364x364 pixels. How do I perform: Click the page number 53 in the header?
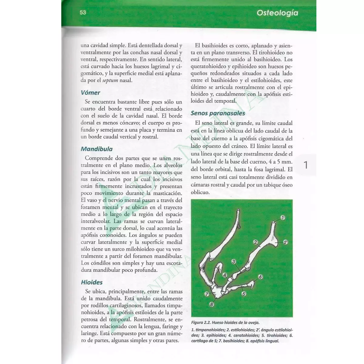pyautogui.click(x=83, y=12)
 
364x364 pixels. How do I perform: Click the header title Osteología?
pyautogui.click(x=277, y=13)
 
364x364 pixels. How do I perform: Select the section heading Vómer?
pyautogui.click(x=90, y=93)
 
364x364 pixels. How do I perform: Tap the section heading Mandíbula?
pyautogui.click(x=96, y=149)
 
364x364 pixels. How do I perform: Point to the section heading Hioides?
pyautogui.click(x=92, y=282)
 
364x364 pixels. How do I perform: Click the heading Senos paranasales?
pyautogui.click(x=218, y=113)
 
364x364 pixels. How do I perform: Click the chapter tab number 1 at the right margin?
pyautogui.click(x=305, y=165)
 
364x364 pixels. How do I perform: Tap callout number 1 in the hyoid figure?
pyautogui.click(x=283, y=217)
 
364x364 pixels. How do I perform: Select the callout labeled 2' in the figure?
pyautogui.click(x=285, y=242)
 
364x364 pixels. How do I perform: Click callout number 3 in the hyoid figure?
pyautogui.click(x=234, y=261)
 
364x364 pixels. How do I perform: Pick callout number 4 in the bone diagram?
pyautogui.click(x=225, y=275)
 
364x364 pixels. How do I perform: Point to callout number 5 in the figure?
pyautogui.click(x=244, y=294)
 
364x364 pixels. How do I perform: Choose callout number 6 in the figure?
pyautogui.click(x=260, y=277)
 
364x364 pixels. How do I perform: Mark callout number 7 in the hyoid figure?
pyautogui.click(x=207, y=294)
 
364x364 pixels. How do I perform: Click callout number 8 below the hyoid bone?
pyautogui.click(x=211, y=304)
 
